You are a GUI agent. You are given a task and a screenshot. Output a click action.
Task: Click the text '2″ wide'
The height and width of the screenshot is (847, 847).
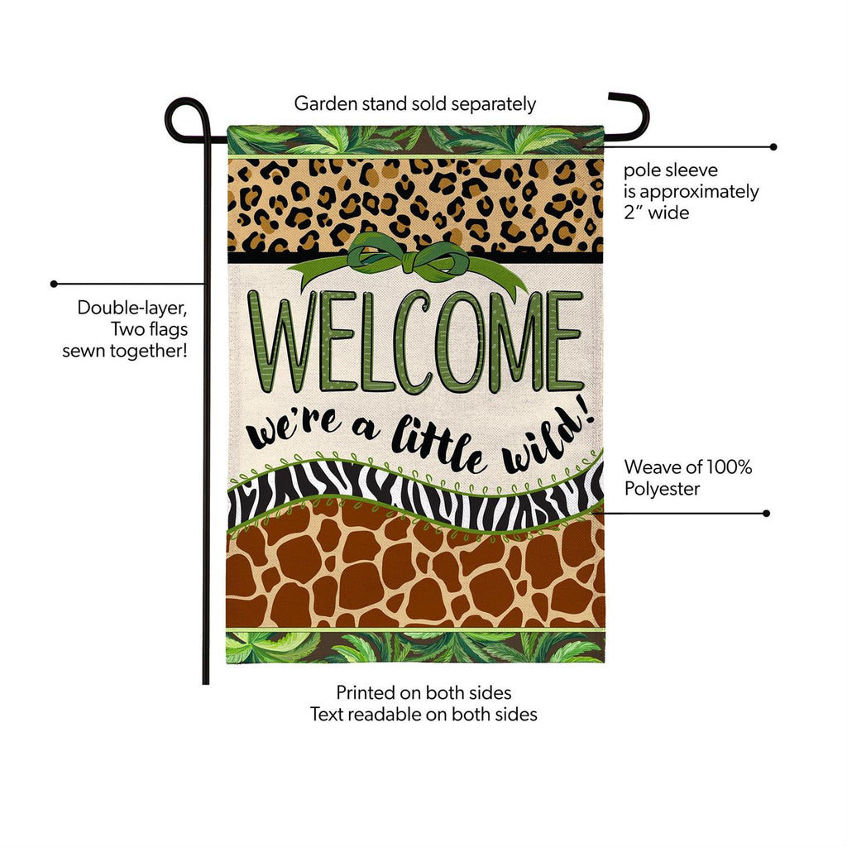656,213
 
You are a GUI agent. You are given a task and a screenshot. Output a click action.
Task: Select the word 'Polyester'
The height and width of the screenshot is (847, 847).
663,489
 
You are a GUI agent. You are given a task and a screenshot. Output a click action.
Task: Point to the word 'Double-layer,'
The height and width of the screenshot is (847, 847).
132,308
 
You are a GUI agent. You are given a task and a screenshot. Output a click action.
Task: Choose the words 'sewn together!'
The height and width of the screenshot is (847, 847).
125,351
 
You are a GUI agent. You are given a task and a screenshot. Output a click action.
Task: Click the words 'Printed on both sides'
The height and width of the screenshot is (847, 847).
423,692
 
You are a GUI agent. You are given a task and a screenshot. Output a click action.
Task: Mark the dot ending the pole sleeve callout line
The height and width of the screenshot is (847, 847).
773,147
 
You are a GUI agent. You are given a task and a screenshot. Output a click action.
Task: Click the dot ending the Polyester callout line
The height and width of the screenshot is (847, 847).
766,513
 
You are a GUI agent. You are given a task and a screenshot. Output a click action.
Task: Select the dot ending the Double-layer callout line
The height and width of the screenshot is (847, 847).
54,284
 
